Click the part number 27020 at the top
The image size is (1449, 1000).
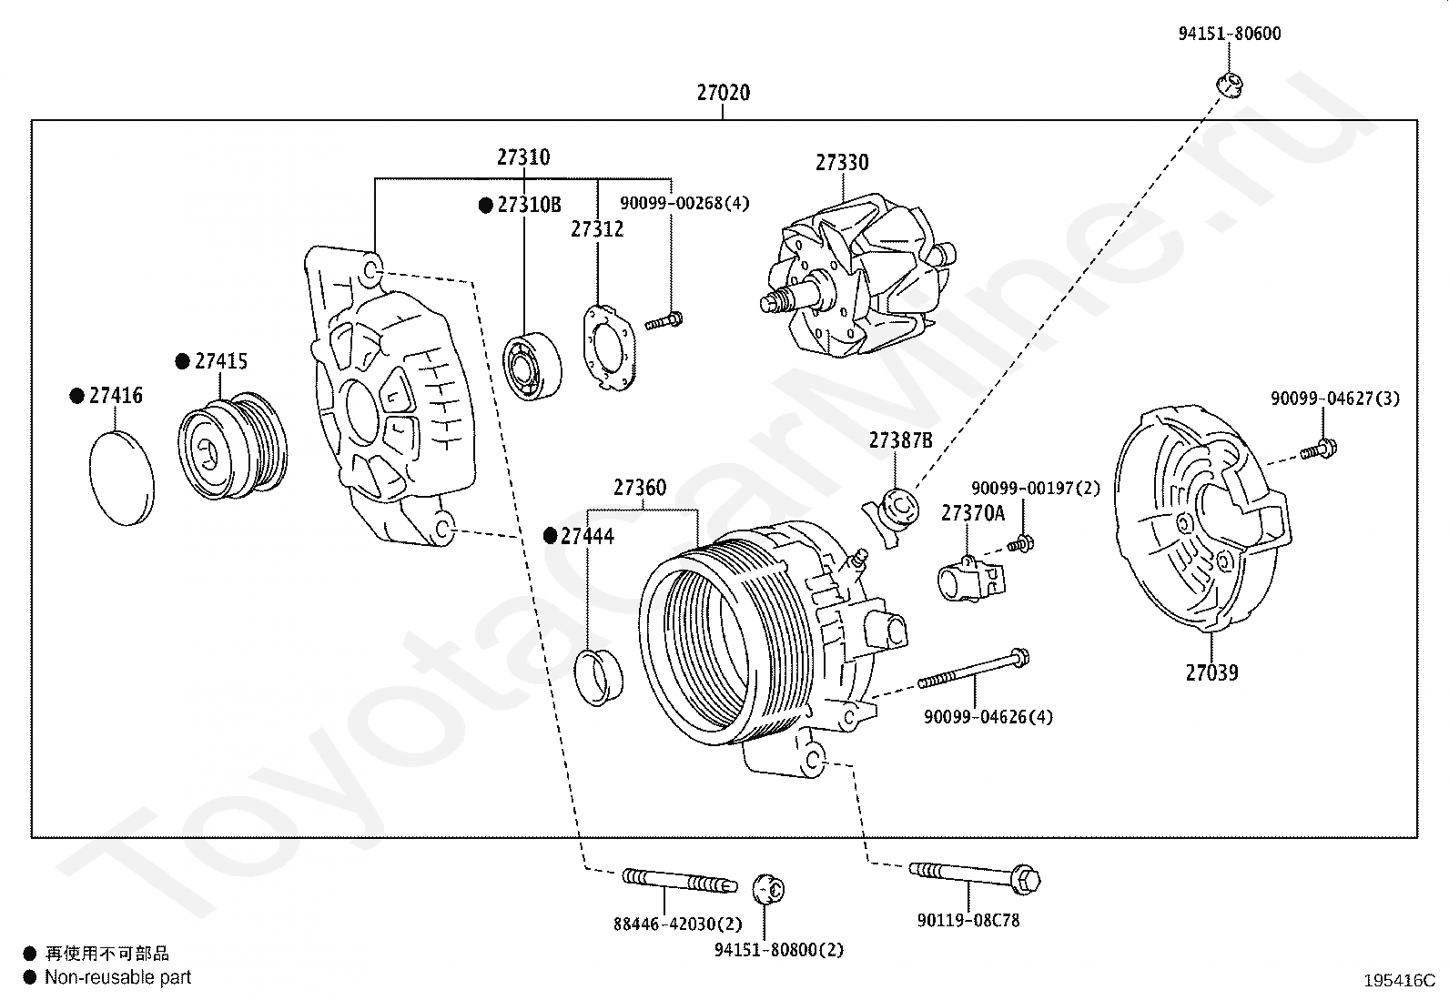724,93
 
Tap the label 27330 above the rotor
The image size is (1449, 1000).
842,162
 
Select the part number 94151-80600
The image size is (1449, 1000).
1229,34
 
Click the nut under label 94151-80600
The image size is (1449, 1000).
1229,85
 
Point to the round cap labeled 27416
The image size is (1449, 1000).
122,478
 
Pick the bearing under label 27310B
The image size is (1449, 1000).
532,367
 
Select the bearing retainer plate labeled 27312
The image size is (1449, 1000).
609,348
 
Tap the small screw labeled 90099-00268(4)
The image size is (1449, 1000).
664,321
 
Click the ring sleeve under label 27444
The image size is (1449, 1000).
599,677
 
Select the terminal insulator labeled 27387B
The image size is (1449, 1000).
892,516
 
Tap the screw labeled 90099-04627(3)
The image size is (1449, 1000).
1318,449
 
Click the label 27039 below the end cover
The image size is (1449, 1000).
1211,672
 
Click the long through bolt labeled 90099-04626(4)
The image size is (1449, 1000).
974,670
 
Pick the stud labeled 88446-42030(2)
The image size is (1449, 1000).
679,880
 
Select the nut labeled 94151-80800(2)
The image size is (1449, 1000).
768,889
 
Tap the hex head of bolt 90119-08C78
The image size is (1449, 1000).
1025,880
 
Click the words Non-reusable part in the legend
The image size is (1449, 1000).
117,977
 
